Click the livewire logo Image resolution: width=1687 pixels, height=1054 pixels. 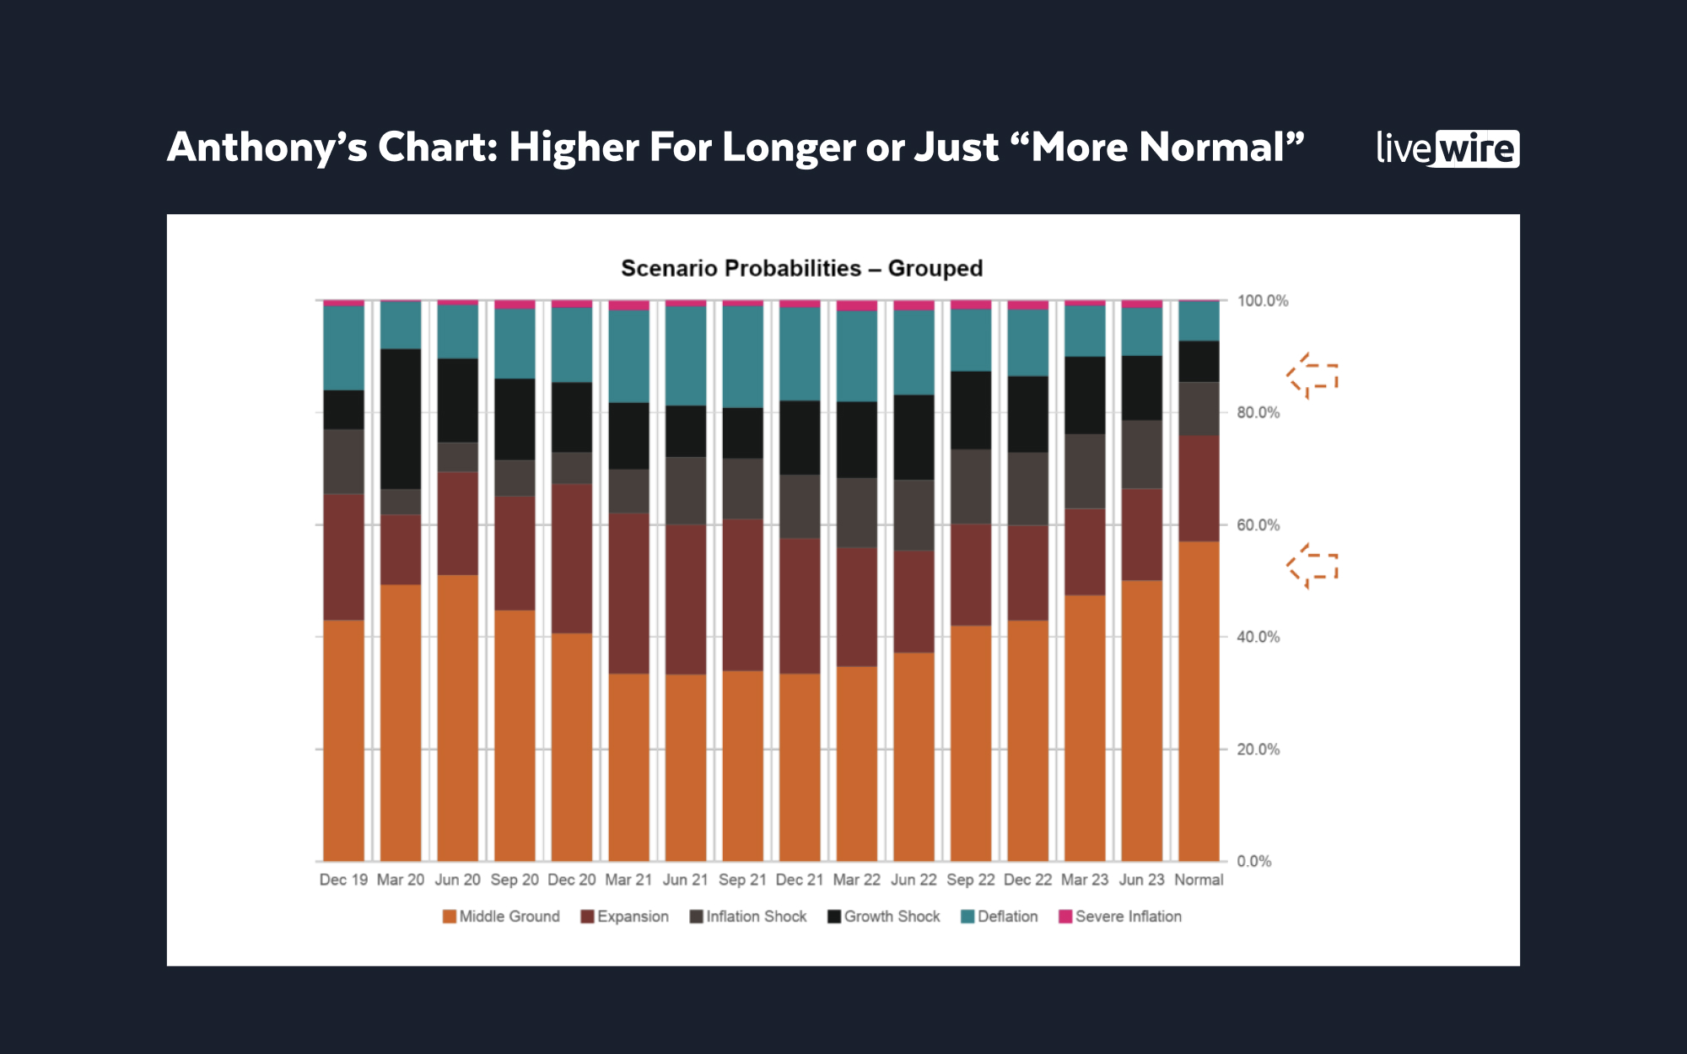[1447, 148]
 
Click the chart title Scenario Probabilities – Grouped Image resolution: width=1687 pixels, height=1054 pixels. [801, 268]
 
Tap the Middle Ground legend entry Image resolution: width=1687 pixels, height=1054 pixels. [501, 917]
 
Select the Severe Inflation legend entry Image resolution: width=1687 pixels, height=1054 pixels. [1120, 917]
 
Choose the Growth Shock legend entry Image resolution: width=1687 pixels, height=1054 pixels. [884, 917]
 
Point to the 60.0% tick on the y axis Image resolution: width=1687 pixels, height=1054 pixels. [1258, 525]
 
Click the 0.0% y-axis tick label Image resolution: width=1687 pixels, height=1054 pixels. [1254, 861]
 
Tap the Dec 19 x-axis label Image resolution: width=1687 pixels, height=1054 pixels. [343, 879]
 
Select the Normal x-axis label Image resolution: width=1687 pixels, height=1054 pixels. [1199, 879]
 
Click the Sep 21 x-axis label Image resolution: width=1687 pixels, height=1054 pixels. [742, 879]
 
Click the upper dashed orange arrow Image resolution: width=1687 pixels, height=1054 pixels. [1312, 376]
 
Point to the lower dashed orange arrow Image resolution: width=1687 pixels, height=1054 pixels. [1312, 566]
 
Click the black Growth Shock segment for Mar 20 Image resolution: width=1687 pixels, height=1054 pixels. [401, 419]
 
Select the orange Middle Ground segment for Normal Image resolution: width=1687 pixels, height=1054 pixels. [1199, 701]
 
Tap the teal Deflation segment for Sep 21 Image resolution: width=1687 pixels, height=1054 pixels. [742, 357]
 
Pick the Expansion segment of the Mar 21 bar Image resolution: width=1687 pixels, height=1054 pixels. [629, 593]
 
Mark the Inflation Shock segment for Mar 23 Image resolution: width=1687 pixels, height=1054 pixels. [1085, 471]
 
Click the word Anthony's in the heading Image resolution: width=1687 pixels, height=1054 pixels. [267, 148]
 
